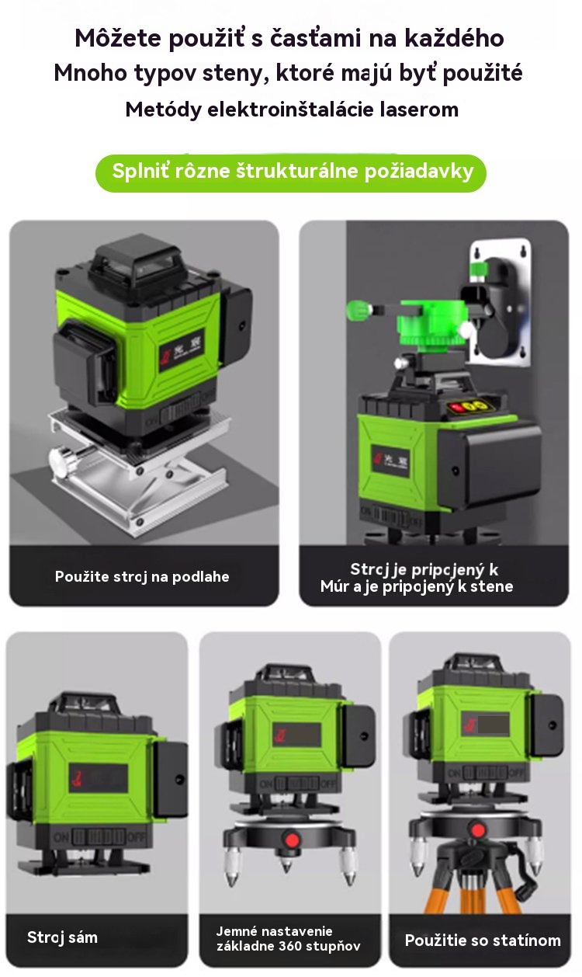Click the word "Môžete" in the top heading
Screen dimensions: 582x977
(118, 38)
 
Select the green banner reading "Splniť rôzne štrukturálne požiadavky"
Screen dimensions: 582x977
(291, 173)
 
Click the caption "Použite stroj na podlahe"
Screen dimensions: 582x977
(142, 576)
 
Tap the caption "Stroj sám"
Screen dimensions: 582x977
(62, 937)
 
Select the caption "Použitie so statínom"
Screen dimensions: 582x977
(483, 940)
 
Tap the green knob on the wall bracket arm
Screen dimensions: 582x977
(359, 311)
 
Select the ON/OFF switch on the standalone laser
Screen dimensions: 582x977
(99, 837)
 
